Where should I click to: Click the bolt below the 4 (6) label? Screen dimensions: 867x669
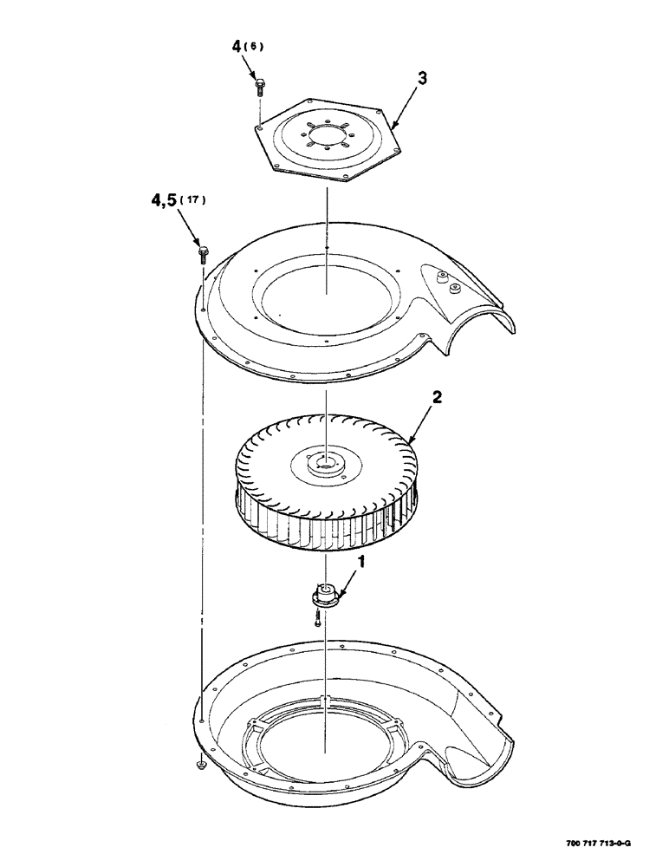259,85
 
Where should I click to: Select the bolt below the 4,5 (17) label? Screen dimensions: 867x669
203,253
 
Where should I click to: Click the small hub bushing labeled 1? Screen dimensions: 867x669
326,596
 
